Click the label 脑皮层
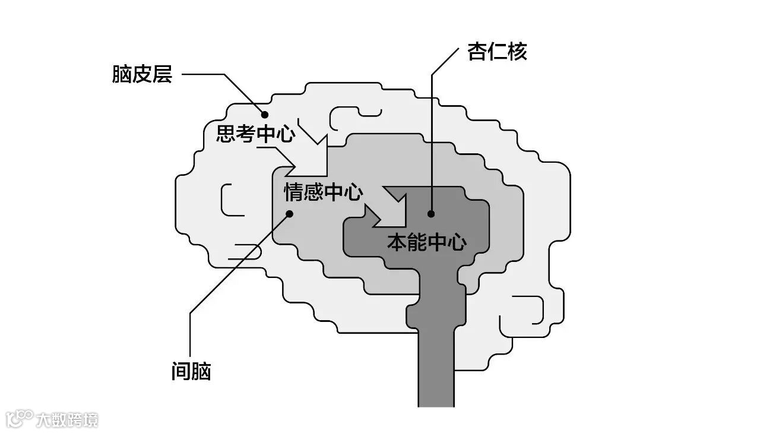[x=142, y=75]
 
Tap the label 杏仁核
[x=497, y=52]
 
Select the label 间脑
[x=191, y=372]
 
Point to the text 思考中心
[x=255, y=134]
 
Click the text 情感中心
[x=324, y=192]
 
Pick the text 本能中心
[x=427, y=242]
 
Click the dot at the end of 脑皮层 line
[x=265, y=115]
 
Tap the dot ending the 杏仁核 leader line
[x=432, y=214]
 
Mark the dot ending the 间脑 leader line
[x=289, y=214]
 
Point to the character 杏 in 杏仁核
[x=477, y=52]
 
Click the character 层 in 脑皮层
[x=162, y=75]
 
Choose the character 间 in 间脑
[x=180, y=372]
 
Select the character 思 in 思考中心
[x=226, y=134]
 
